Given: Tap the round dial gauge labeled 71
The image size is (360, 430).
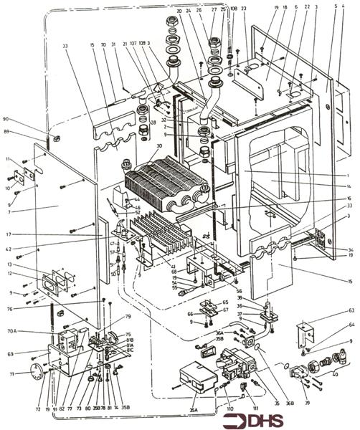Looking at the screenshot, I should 35,371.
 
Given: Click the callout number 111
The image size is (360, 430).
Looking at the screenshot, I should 255,408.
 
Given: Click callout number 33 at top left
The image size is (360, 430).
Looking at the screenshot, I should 66,46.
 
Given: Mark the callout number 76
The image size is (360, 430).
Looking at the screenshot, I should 10,309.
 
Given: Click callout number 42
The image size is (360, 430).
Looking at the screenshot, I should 10,249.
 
